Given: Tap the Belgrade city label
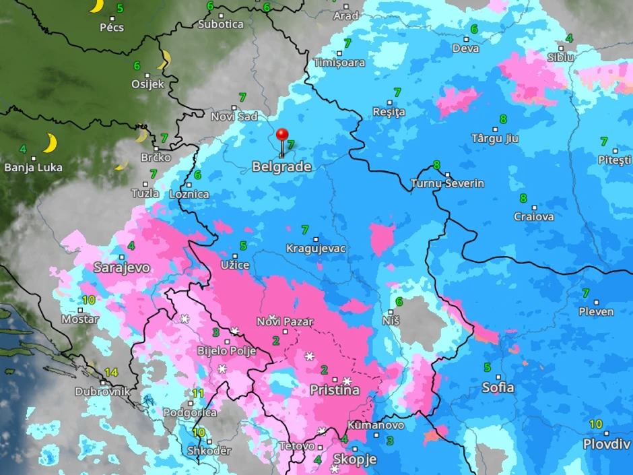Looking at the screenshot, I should pyautogui.click(x=281, y=166).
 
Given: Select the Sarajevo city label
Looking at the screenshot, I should pyautogui.click(x=122, y=267).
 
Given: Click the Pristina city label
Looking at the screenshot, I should pyautogui.click(x=334, y=390).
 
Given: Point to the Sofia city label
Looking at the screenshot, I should pyautogui.click(x=498, y=387).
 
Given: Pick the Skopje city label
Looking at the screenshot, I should pyautogui.click(x=354, y=460).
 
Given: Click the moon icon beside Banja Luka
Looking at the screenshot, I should pyautogui.click(x=50, y=143).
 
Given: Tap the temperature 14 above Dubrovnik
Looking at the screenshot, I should pyautogui.click(x=111, y=372).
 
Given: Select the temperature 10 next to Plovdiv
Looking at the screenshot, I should pyautogui.click(x=596, y=424).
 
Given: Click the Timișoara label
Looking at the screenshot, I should pyautogui.click(x=339, y=63).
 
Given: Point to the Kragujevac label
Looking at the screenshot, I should pyautogui.click(x=316, y=249).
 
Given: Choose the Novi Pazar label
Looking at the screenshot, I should pyautogui.click(x=285, y=321).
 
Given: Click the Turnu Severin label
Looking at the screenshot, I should pyautogui.click(x=448, y=183).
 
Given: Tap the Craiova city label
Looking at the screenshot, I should pyautogui.click(x=534, y=216).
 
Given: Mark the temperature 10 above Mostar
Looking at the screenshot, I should pyautogui.click(x=88, y=300).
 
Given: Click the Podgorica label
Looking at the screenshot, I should pyautogui.click(x=191, y=412).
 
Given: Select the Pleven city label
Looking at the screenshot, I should pyautogui.click(x=596, y=311).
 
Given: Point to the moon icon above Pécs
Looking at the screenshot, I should pyautogui.click(x=96, y=6).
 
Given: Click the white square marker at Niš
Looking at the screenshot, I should pyautogui.click(x=391, y=312).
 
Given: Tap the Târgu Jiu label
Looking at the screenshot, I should pyautogui.click(x=495, y=138).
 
